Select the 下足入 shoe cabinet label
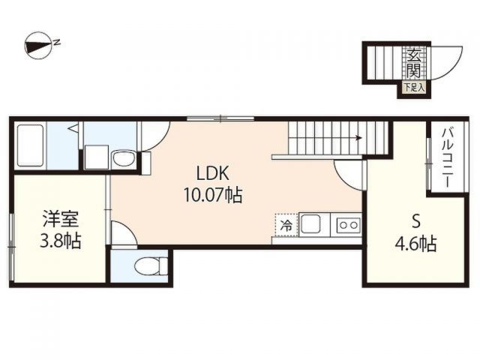click(414, 88)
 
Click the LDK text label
click(212, 170)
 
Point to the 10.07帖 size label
click(212, 196)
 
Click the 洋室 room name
click(61, 219)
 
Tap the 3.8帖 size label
click(61, 241)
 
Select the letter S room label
click(415, 221)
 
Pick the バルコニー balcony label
click(445, 158)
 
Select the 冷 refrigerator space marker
click(286, 223)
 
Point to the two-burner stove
click(348, 223)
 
